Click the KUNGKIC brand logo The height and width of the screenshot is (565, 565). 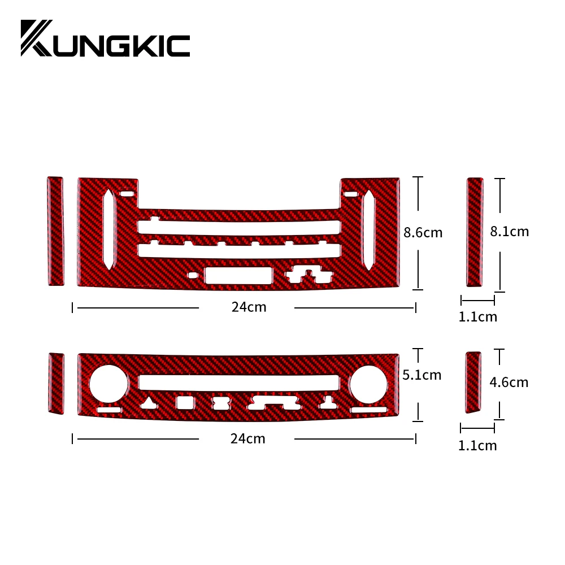(105, 38)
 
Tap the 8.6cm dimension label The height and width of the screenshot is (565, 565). (423, 233)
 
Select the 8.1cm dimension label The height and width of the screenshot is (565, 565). (510, 232)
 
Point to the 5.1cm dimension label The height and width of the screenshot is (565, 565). (422, 375)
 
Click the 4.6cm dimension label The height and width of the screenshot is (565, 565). (509, 383)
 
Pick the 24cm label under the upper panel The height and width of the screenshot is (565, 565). (249, 307)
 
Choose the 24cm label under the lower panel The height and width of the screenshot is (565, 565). (248, 439)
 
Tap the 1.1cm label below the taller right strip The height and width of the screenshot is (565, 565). (478, 317)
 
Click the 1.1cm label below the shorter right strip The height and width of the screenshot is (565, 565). (477, 446)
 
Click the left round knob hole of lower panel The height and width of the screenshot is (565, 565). (108, 384)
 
